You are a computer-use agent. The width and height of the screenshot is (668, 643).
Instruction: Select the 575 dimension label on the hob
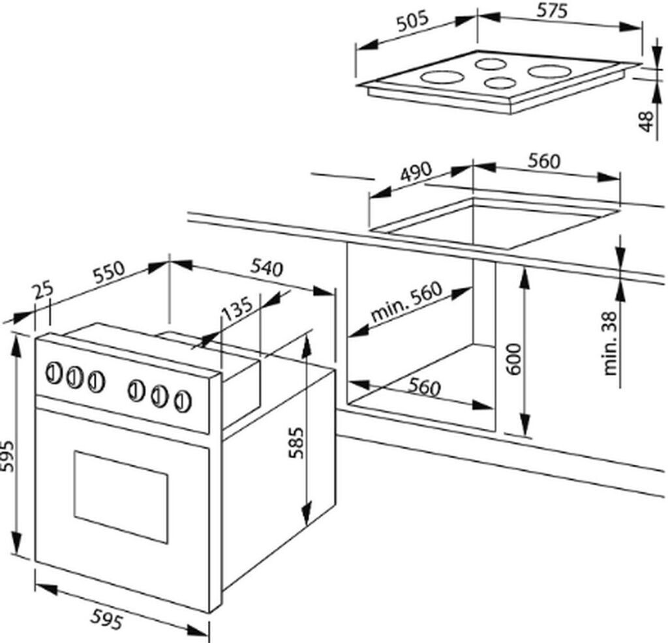(553, 11)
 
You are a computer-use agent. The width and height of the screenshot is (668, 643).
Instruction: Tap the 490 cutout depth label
(416, 173)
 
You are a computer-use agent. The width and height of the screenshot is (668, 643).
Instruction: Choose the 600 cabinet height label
(515, 358)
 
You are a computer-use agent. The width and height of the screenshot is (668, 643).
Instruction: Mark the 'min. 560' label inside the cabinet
(406, 302)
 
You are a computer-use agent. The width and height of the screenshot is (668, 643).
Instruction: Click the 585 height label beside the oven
(297, 445)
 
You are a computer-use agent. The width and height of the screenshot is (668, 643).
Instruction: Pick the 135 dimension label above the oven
(237, 309)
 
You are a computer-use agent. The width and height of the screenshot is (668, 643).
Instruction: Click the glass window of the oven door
(121, 495)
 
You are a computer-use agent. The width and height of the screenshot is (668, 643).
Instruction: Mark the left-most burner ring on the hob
(442, 77)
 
